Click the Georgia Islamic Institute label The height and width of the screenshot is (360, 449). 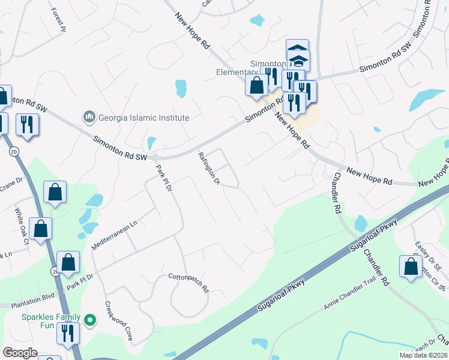[x=144, y=118]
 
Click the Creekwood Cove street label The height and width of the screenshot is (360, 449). [x=119, y=321]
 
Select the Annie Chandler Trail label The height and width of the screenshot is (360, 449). [x=349, y=296]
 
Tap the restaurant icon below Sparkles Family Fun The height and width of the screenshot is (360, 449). [x=68, y=333]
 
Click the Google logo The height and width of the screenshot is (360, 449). [x=20, y=353]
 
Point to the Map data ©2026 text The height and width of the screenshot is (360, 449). [x=423, y=355]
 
